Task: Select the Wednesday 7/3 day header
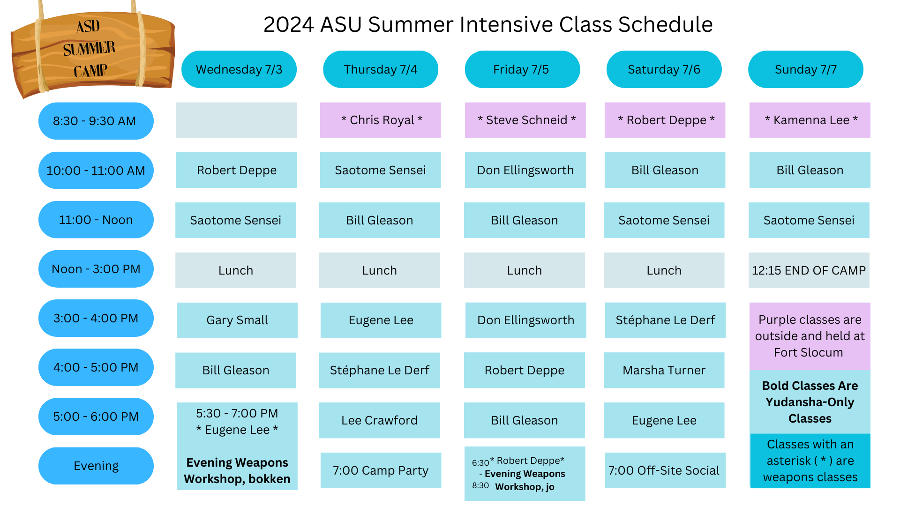(x=239, y=69)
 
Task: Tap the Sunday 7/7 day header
(x=806, y=69)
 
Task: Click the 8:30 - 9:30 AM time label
(x=96, y=121)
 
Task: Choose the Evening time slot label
(x=96, y=466)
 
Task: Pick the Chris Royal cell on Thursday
(x=381, y=120)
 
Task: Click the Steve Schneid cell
(x=525, y=120)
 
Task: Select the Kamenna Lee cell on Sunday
(x=810, y=120)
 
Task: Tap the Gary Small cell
(x=237, y=320)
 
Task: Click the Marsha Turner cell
(x=664, y=370)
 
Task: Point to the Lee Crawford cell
(x=380, y=420)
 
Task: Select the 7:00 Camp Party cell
(x=381, y=470)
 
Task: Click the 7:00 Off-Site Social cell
(x=665, y=470)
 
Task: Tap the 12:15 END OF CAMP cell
(x=809, y=270)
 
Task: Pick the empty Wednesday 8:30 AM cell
(x=237, y=120)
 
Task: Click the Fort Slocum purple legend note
(x=810, y=336)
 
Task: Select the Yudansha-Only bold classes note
(x=810, y=402)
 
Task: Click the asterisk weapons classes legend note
(x=810, y=461)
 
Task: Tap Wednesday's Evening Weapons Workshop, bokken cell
(x=237, y=470)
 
